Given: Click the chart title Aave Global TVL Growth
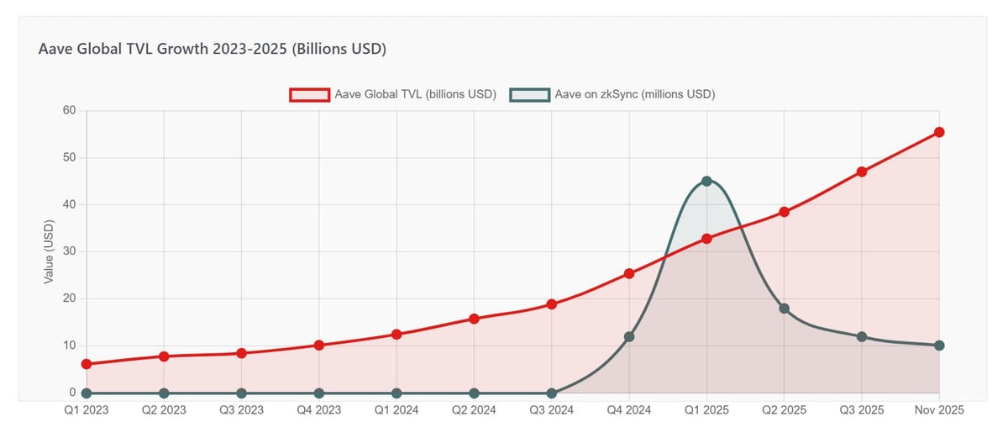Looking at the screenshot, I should pos(212,50).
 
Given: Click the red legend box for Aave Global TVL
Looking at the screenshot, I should pos(308,94).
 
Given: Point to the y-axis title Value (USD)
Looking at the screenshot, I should pos(49,252).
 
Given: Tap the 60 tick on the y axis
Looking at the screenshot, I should pos(69,111).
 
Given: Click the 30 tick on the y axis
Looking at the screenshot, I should pos(69,251).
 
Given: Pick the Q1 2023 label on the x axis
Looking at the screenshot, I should pos(87,410).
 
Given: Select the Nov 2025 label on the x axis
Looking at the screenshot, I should pos(938,410).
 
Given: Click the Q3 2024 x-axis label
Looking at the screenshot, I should pos(551,410).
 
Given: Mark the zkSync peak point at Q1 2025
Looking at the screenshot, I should pos(706,181).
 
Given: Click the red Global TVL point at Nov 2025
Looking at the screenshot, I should pos(939,132).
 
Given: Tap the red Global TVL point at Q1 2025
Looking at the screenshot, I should pos(706,238).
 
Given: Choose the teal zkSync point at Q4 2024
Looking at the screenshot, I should pos(629,336).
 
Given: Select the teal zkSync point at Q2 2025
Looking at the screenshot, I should pos(784,309).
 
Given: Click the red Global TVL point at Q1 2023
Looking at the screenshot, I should pos(87,364).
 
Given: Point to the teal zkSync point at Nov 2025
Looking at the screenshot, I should pos(939,346).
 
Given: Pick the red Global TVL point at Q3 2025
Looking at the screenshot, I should pos(862,172).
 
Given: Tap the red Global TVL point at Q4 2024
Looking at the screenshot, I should pos(629,273).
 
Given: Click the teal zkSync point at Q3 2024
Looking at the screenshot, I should pos(551,393).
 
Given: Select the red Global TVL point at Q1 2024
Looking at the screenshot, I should pos(396,334).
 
